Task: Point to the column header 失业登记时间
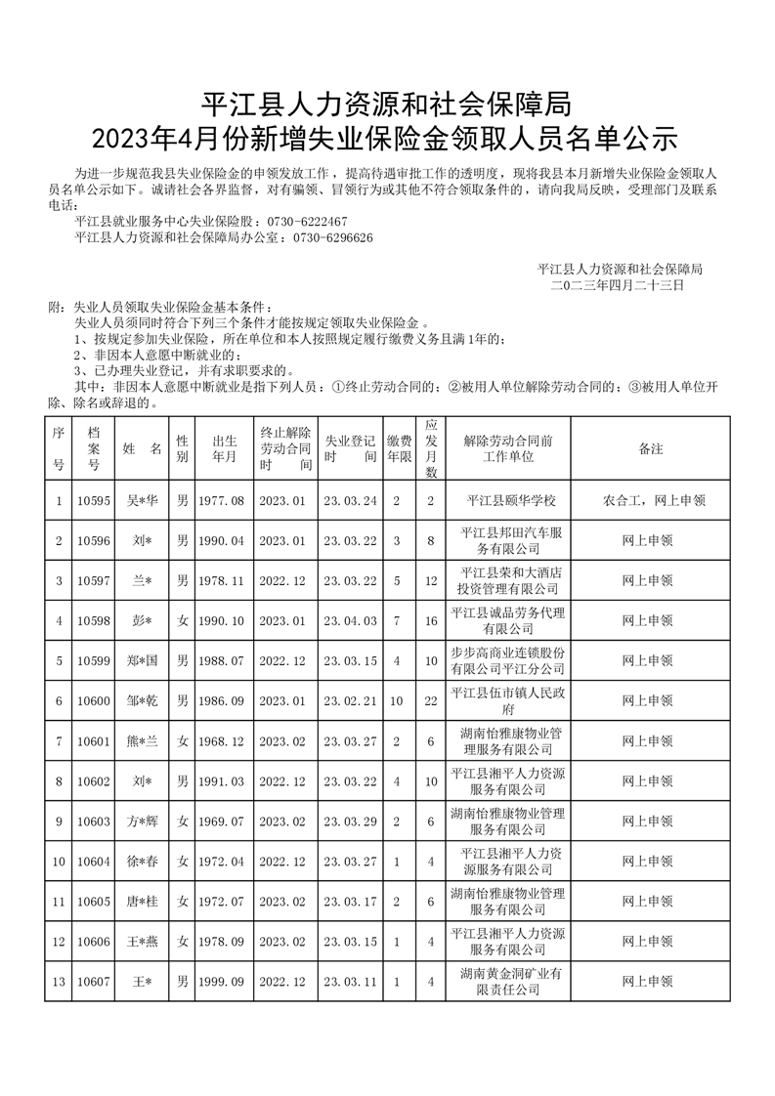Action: (x=350, y=448)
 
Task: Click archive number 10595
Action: (x=94, y=500)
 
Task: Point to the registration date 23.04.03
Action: (x=350, y=619)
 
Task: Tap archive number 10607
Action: (x=94, y=980)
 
